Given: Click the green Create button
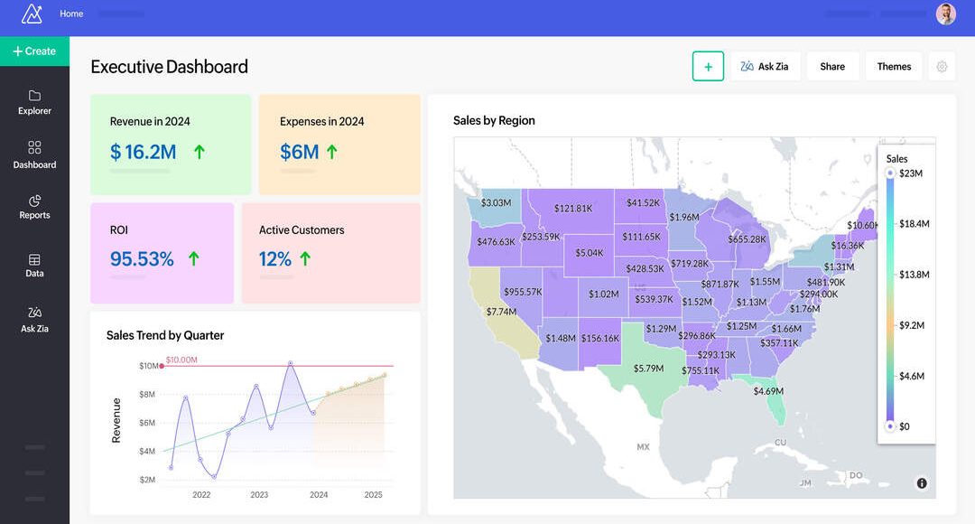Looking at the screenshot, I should [34, 51].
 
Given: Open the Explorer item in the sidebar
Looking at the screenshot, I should [34, 102].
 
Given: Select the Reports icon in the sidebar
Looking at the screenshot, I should [34, 201].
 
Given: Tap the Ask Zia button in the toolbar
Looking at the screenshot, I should [765, 66].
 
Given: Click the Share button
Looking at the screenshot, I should [832, 66].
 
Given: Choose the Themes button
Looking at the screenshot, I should [894, 66].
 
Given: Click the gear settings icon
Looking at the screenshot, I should [942, 66].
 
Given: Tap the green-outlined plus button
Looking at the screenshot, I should [708, 66].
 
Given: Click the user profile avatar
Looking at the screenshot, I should [945, 14].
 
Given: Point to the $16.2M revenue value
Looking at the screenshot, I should [143, 152].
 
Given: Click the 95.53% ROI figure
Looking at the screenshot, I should [142, 259].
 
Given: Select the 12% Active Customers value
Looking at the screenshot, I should [274, 259].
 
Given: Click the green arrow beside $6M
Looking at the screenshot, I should [331, 152].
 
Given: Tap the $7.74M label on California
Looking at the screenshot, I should [501, 312].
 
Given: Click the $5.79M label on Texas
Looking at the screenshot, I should [648, 369].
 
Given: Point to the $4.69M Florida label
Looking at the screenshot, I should [768, 391].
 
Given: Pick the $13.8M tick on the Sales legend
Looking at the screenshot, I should [915, 274].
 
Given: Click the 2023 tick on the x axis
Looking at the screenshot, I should [259, 494].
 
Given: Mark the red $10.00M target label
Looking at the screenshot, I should [181, 360].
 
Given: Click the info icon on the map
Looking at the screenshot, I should [922, 483].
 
